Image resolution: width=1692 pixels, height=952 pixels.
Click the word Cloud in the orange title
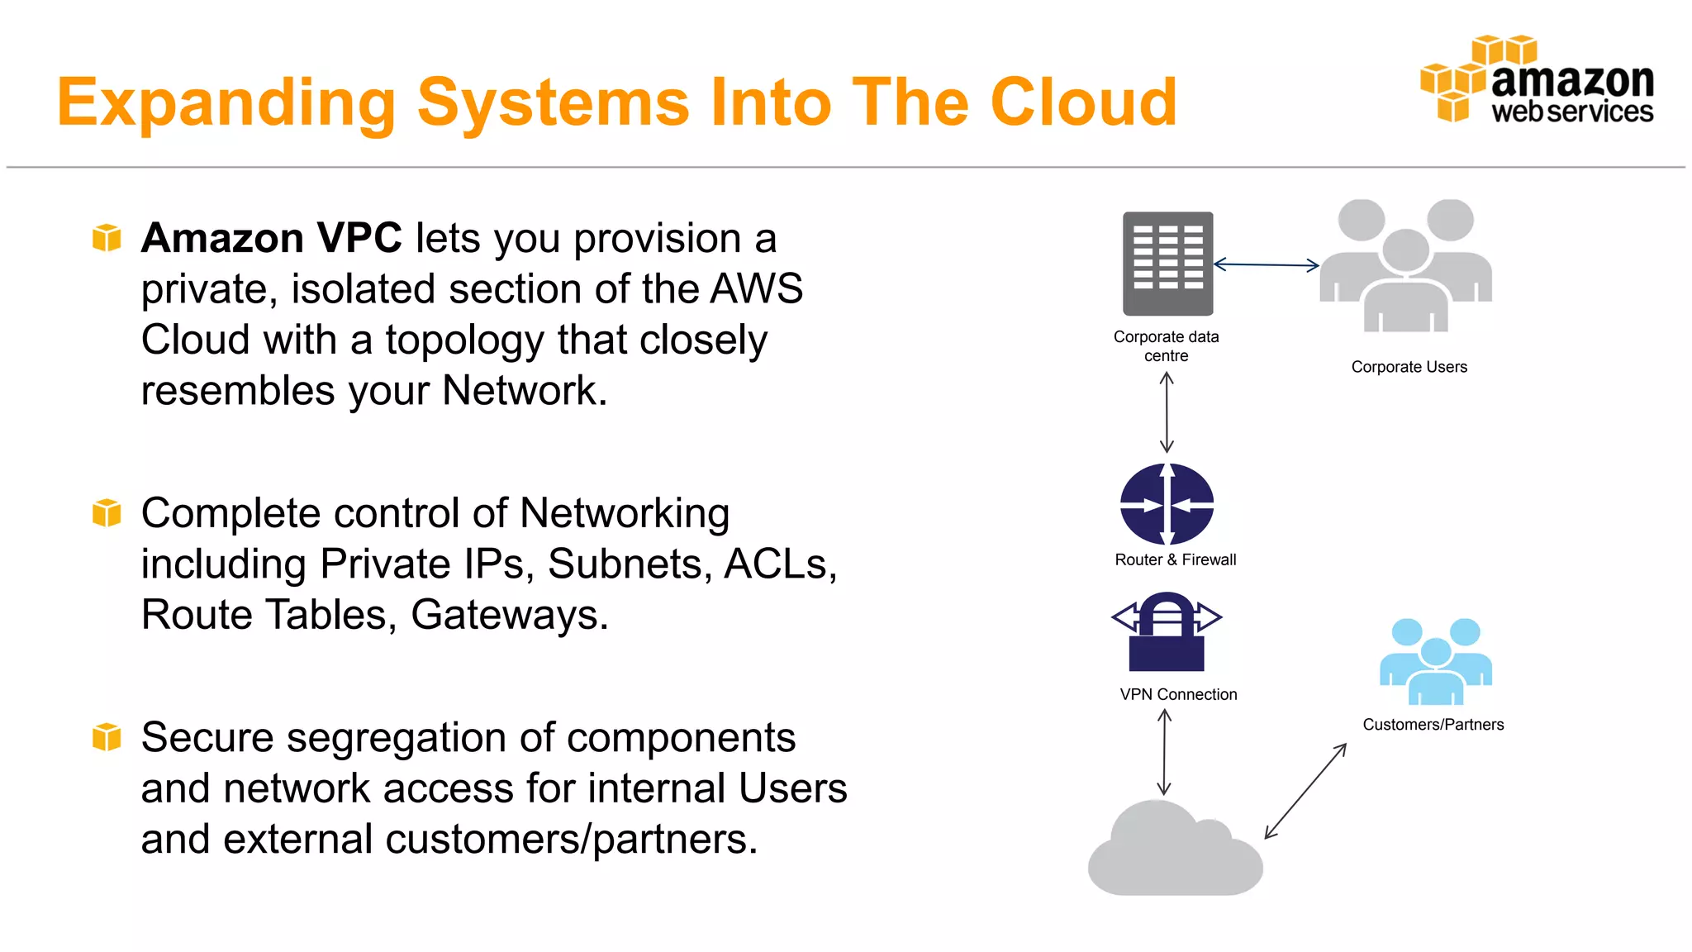(1083, 102)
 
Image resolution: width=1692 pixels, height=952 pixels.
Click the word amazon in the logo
(1572, 80)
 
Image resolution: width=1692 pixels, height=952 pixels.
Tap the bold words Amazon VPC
(271, 239)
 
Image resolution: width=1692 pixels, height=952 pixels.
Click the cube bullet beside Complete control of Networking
(107, 513)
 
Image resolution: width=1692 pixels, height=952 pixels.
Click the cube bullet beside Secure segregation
(107, 737)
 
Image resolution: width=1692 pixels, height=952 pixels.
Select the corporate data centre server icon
(1167, 264)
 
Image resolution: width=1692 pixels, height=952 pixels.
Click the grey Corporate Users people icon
(1406, 265)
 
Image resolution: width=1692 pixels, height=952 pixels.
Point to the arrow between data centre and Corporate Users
(1266, 265)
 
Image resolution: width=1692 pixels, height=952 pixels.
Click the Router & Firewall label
(1175, 559)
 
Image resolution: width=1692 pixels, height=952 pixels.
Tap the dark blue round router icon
(1167, 503)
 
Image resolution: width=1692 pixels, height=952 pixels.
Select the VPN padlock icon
(1167, 632)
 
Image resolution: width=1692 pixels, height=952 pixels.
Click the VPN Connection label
(1178, 694)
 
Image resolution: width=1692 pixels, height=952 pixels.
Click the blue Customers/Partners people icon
(1435, 662)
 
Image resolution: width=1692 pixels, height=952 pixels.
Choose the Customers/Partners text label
(1433, 725)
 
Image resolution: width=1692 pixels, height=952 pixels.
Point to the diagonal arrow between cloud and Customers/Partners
(1305, 792)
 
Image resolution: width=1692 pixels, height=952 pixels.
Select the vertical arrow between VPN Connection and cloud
(1164, 752)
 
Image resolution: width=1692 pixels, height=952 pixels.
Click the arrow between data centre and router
(1167, 412)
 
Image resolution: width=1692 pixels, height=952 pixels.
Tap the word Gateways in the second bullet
(509, 616)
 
